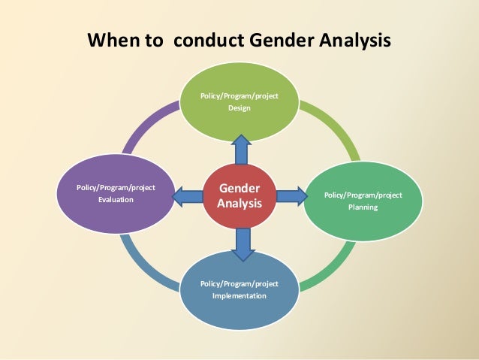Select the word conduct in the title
coord(210,39)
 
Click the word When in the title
coord(113,39)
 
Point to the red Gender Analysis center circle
coord(239,195)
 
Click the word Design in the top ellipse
coord(239,109)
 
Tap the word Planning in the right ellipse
coord(363,207)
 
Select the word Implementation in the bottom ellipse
coord(239,295)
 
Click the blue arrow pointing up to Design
coord(241,149)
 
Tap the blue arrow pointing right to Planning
coord(291,196)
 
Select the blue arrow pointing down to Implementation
coord(241,243)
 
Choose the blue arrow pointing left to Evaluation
coord(188,197)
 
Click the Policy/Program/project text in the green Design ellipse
coord(239,96)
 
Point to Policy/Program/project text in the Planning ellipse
coord(363,195)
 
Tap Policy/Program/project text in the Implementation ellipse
coord(239,283)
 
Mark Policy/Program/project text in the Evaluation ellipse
coord(116,187)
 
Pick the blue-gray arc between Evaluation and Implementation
coord(143,263)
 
